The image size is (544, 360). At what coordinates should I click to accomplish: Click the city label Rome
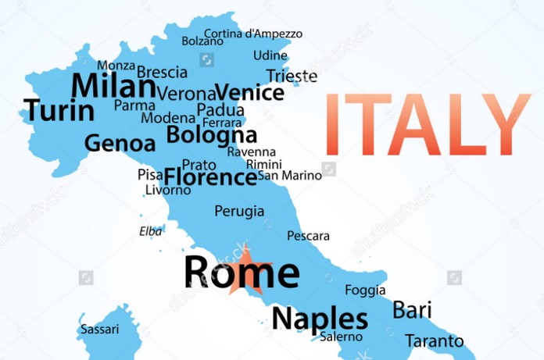(241, 272)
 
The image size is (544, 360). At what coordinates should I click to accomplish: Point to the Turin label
(59, 111)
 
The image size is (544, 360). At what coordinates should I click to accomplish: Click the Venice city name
(249, 93)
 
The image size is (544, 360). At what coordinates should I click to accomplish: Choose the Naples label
(319, 319)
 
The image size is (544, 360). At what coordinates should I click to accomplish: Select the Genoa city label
(120, 144)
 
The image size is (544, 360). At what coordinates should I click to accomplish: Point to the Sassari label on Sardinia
(100, 330)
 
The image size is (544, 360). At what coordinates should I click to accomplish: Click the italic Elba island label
(151, 231)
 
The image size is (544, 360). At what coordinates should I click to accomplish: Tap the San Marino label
(290, 176)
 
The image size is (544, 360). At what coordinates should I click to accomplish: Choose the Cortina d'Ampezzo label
(252, 34)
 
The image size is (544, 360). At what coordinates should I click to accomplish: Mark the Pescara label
(308, 236)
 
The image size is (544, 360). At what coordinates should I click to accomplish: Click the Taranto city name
(434, 341)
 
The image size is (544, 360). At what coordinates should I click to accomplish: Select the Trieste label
(292, 76)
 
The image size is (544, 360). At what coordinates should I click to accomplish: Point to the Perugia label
(238, 211)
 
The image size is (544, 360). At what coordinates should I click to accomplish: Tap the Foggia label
(365, 290)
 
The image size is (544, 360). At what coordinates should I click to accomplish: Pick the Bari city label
(412, 309)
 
